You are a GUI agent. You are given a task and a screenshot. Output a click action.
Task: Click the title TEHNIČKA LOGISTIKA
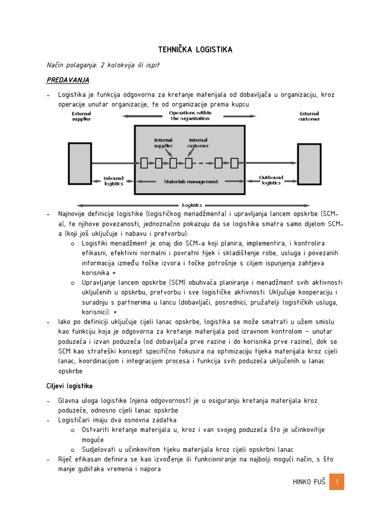pyautogui.click(x=195, y=49)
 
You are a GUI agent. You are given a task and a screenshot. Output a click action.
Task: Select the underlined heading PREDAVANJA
pyautogui.click(x=68, y=80)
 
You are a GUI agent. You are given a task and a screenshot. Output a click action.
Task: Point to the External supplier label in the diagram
pyautogui.click(x=81, y=117)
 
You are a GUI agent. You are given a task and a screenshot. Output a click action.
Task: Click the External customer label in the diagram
pyautogui.click(x=309, y=117)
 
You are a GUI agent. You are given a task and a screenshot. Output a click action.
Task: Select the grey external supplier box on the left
pyautogui.click(x=79, y=163)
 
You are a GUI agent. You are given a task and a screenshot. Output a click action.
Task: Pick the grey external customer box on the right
pyautogui.click(x=309, y=163)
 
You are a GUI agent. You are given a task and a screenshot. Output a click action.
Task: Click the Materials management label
pyautogui.click(x=191, y=181)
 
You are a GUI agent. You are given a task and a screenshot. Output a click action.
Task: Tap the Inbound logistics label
pyautogui.click(x=114, y=181)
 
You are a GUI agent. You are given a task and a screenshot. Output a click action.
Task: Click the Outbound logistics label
pyautogui.click(x=271, y=181)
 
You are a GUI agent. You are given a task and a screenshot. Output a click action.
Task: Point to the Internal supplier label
pyautogui.click(x=163, y=142)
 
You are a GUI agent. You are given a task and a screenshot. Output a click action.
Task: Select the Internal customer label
pyautogui.click(x=198, y=142)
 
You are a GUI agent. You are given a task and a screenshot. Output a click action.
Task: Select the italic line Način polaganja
pyautogui.click(x=103, y=65)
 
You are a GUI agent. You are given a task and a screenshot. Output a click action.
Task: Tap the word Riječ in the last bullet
pyautogui.click(x=66, y=459)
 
